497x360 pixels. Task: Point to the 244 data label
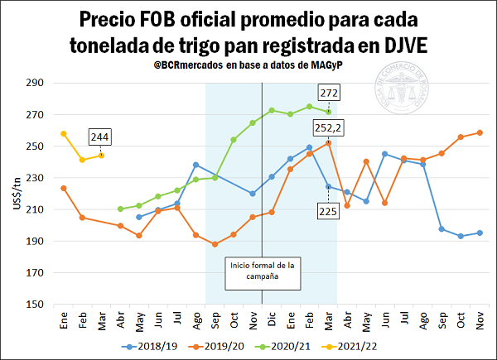point(101,137)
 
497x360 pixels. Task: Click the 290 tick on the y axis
point(36,84)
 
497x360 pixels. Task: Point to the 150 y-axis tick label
point(36,305)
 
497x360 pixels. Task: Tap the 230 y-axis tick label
point(36,178)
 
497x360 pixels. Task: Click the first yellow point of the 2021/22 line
point(64,133)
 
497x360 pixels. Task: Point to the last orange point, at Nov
point(480,132)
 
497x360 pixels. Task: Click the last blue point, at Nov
point(480,233)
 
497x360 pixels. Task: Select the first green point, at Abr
point(120,209)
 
